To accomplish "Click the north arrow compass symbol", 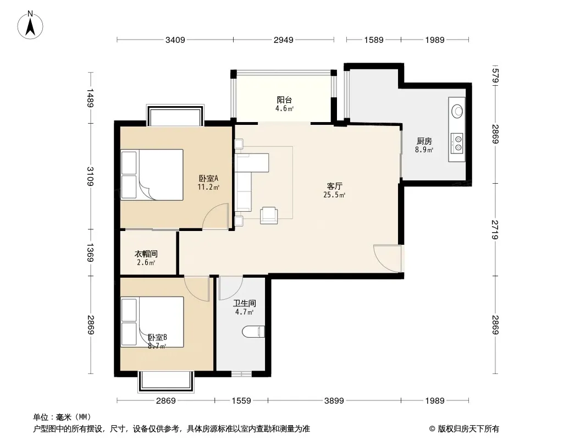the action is [30, 25].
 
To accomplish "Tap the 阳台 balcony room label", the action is [284, 100].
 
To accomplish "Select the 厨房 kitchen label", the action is [424, 141].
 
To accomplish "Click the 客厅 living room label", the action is [334, 186].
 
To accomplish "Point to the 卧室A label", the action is [208, 179].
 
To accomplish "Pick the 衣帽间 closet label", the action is [146, 254].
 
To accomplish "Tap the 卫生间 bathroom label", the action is [245, 303].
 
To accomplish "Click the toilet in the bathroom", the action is [253, 332].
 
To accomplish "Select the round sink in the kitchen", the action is [457, 111].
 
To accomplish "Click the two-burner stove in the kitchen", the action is [457, 144].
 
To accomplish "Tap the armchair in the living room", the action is [269, 216].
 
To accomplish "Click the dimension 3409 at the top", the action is [175, 40].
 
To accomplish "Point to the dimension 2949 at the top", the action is [284, 40].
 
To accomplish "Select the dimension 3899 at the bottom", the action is [334, 401].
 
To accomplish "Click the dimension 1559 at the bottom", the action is [241, 401].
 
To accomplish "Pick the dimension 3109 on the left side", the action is [91, 176].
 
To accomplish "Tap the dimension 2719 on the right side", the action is [495, 229].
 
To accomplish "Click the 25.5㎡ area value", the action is [334, 195].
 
